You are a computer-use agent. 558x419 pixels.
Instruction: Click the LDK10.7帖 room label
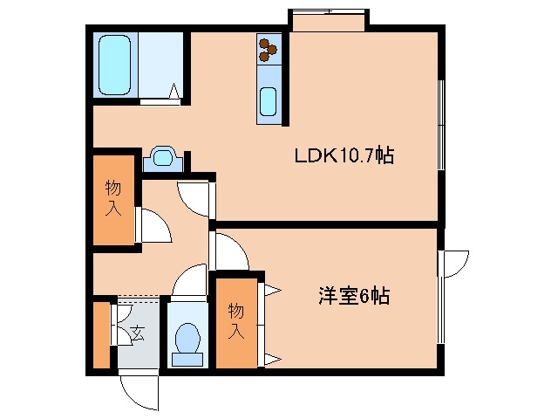click(x=344, y=156)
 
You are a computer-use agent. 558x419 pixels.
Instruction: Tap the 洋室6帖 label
click(x=352, y=295)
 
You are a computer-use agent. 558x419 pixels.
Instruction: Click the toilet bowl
click(x=186, y=339)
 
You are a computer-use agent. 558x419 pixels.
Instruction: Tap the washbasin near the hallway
click(x=161, y=158)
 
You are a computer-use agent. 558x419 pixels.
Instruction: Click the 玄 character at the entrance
click(x=138, y=332)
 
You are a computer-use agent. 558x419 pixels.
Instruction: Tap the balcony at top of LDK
click(x=330, y=19)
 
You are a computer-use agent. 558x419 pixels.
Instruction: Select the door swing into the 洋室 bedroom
click(x=230, y=253)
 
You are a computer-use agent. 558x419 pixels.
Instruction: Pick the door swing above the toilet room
click(x=187, y=284)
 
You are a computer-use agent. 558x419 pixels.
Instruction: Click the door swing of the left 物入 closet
click(x=153, y=225)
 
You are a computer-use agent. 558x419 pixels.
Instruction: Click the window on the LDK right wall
click(x=442, y=127)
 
